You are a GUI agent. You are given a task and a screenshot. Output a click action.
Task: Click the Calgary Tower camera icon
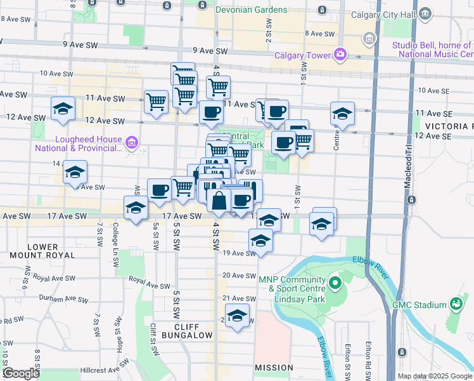click(340, 55)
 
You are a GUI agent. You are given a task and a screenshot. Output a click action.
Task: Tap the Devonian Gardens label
click(252, 11)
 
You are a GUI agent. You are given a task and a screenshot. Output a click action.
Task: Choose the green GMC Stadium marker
click(455, 305)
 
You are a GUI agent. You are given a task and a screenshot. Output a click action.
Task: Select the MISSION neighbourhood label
click(274, 368)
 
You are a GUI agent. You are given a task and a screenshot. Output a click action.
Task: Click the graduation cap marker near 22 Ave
click(237, 316)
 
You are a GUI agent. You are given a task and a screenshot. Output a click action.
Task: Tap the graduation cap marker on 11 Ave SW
click(63, 109)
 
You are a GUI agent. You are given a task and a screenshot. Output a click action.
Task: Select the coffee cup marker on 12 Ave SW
click(211, 112)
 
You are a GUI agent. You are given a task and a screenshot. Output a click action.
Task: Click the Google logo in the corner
click(20, 373)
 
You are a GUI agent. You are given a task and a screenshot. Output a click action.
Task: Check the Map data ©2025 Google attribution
click(434, 376)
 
